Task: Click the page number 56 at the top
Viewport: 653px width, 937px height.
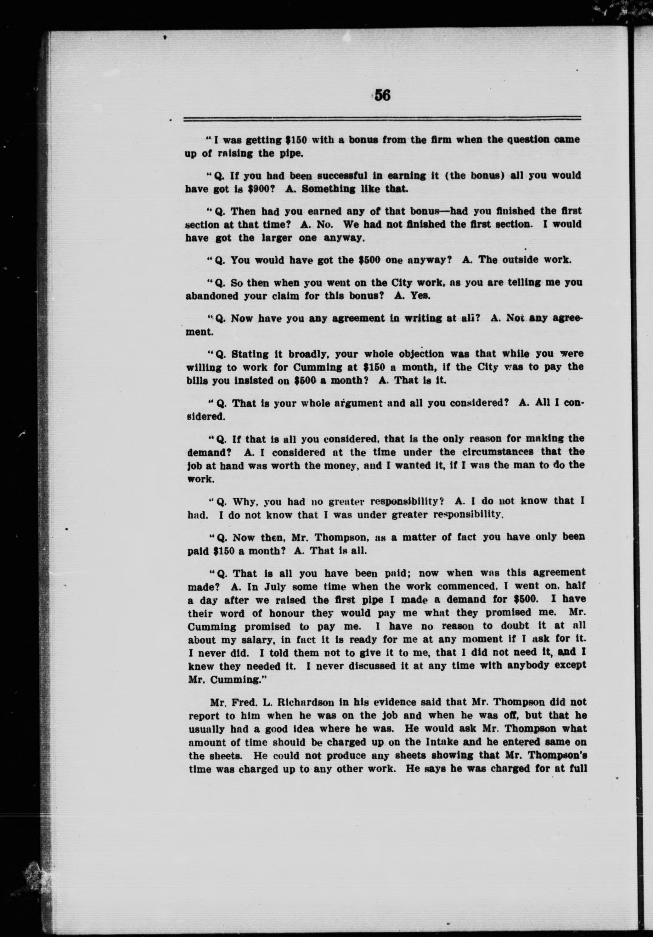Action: pyautogui.click(x=382, y=95)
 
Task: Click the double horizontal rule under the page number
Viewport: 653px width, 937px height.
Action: pyautogui.click(x=382, y=119)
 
